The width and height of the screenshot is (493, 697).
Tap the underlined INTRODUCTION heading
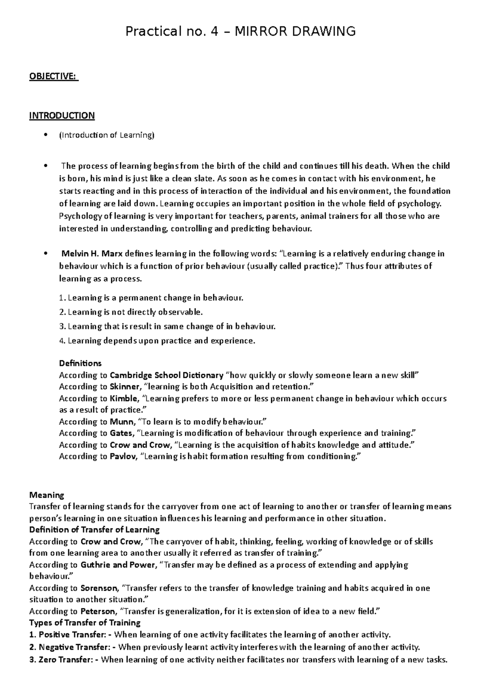[62, 115]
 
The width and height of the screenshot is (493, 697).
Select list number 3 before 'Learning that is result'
[62, 326]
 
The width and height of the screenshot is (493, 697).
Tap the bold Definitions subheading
[80, 363]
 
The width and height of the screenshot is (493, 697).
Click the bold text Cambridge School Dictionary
[166, 375]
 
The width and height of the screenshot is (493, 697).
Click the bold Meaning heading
[47, 495]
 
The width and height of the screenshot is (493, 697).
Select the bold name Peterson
[98, 612]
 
